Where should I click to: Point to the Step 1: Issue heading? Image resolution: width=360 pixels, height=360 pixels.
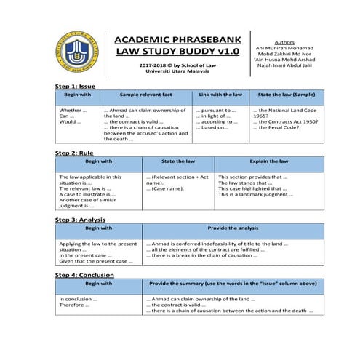pyautogui.click(x=75, y=86)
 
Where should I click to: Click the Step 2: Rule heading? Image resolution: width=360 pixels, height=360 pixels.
pyautogui.click(x=74, y=153)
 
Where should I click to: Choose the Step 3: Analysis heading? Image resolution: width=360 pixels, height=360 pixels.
pyautogui.click(x=80, y=219)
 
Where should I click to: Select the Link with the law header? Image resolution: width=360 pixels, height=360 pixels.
pyautogui.click(x=220, y=95)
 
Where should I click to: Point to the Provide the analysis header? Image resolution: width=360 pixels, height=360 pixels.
pyautogui.click(x=233, y=228)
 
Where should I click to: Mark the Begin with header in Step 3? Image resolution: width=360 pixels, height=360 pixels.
pyautogui.click(x=98, y=228)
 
